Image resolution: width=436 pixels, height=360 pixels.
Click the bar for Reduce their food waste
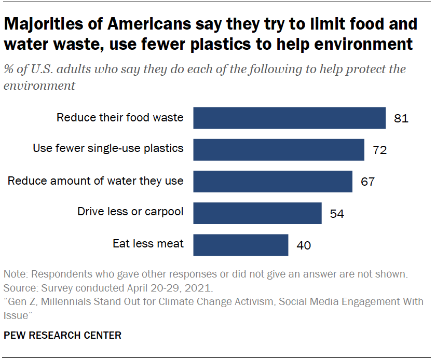(290, 118)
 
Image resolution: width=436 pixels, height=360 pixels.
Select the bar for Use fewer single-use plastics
(279, 149)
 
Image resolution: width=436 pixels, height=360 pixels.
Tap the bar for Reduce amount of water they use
(273, 181)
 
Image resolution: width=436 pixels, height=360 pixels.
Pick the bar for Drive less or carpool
(257, 213)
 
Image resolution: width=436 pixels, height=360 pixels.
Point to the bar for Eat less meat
(241, 244)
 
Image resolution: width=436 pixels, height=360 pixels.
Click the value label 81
(401, 119)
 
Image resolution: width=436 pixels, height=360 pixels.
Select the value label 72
(380, 150)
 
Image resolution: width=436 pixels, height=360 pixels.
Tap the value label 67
(367, 182)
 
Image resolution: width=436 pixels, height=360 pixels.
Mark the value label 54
(337, 214)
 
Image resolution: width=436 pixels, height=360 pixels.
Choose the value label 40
(303, 245)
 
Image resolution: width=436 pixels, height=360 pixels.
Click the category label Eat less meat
(148, 243)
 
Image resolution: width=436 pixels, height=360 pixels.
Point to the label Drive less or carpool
(130, 212)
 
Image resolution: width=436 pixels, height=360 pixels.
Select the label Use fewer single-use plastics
(108, 148)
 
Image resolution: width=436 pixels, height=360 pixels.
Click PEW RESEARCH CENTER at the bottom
(62, 336)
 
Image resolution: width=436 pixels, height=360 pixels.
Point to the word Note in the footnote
(15, 274)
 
